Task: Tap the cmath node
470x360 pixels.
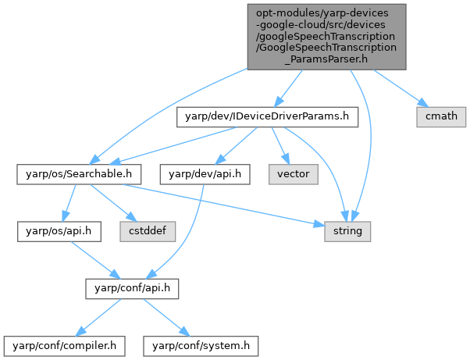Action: pos(441,117)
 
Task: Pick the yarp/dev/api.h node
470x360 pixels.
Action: pos(205,173)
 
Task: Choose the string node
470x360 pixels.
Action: pos(348,230)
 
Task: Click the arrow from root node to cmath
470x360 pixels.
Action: pos(397,87)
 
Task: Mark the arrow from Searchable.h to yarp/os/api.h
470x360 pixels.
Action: pos(62,202)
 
